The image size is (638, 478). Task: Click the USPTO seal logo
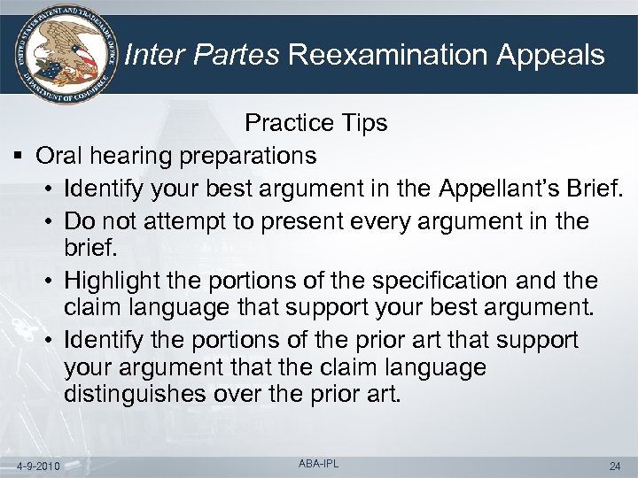point(60,53)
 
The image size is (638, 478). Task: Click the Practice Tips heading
point(316,123)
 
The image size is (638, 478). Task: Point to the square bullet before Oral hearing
point(19,157)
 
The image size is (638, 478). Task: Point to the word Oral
point(58,157)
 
